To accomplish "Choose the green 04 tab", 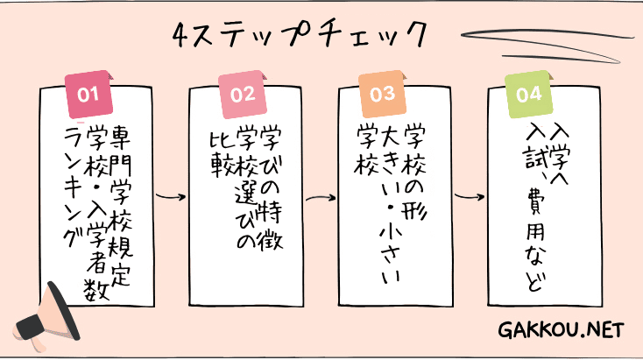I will [x=529, y=94].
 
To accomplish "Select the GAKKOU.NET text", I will [x=561, y=330].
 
